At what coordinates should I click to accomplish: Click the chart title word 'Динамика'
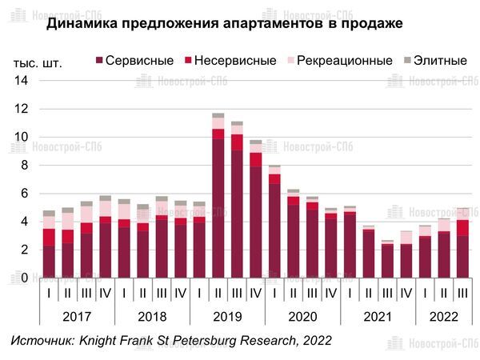pyautogui.click(x=80, y=24)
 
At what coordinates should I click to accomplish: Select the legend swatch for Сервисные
pyautogui.click(x=99, y=61)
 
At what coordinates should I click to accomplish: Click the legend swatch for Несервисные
pyautogui.click(x=189, y=61)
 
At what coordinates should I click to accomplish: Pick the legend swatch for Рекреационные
pyautogui.click(x=290, y=61)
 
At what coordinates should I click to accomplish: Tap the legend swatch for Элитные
pyautogui.click(x=407, y=61)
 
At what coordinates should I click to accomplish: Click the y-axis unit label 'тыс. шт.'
pyautogui.click(x=38, y=62)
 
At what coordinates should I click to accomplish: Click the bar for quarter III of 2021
pyautogui.click(x=388, y=259)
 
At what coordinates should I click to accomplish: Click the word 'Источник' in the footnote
pyautogui.click(x=40, y=341)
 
